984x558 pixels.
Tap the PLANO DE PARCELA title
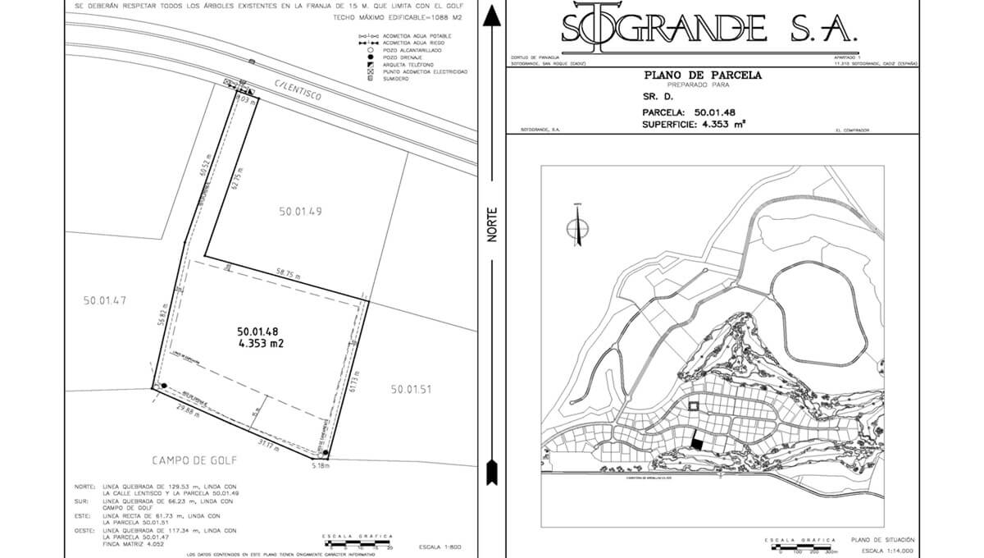click(x=703, y=75)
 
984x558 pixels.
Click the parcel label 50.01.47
click(x=105, y=300)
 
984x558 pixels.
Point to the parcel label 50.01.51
click(x=411, y=389)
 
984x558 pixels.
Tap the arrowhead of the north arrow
click(x=491, y=15)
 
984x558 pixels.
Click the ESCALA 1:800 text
click(x=440, y=546)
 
